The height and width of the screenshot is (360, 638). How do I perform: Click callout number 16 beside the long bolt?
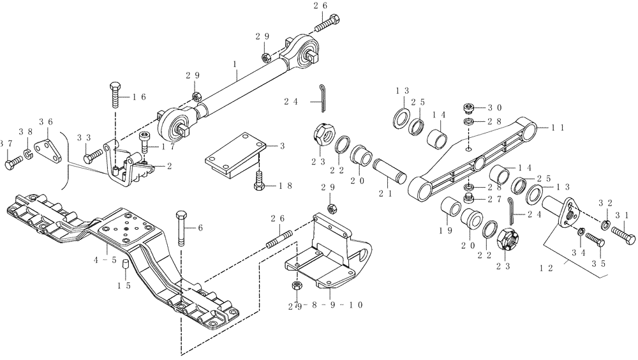[139, 97]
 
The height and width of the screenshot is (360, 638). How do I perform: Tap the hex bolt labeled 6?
[180, 227]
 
